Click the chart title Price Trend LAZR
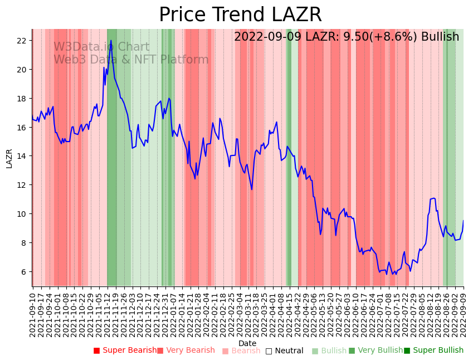[240, 15]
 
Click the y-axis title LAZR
[9, 158]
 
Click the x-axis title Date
[247, 343]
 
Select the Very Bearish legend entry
[186, 351]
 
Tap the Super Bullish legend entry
[433, 351]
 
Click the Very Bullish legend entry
[376, 351]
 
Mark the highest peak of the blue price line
[111, 40]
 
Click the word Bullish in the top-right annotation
[440, 37]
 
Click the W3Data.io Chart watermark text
[101, 47]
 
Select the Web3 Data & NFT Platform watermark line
[131, 60]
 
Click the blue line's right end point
[463, 221]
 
